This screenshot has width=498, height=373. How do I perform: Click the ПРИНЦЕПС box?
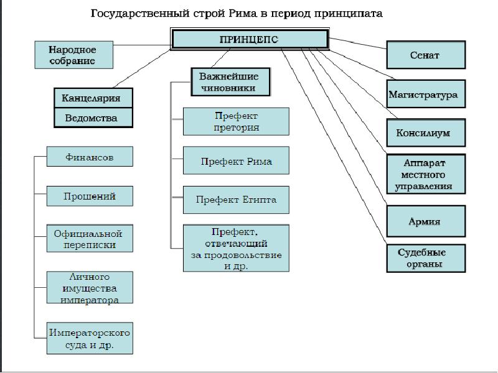coord(250,39)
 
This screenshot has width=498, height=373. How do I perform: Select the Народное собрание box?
coord(73,55)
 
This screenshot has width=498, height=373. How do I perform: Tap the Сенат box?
coord(426,55)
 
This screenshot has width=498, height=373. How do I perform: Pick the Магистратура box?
coord(426,94)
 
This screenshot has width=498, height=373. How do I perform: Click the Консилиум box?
coord(426,132)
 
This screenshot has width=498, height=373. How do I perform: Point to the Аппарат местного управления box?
coord(426,174)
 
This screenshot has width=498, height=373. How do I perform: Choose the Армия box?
coord(426,221)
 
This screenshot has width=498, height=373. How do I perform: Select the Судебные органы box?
coord(426,258)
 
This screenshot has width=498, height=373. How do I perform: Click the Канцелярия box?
coord(93,98)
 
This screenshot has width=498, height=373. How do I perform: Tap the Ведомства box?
coord(93,117)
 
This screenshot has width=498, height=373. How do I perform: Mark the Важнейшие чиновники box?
coord(230,82)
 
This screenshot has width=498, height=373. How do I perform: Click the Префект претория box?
coord(236,121)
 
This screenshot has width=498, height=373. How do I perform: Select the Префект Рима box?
coord(236,160)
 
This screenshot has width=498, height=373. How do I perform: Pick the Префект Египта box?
coord(236,200)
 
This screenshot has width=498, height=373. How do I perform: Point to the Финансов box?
coord(90,157)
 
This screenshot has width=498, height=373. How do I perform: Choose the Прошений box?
coord(90,196)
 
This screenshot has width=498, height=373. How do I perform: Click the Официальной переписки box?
coord(90,239)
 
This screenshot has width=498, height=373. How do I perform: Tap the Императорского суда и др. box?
coord(90,338)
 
